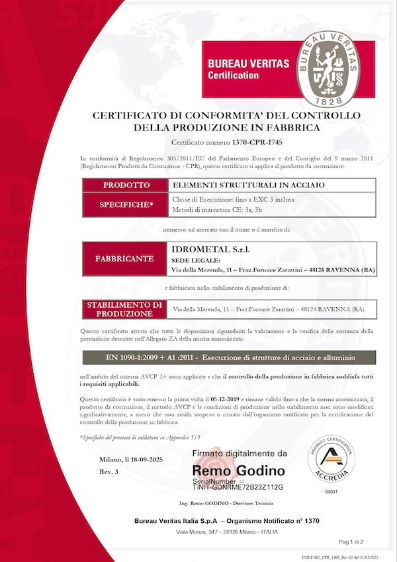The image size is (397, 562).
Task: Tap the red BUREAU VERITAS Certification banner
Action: tap(249, 69)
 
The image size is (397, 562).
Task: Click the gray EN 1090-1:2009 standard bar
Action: tap(228, 357)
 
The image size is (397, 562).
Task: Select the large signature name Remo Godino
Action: tap(239, 471)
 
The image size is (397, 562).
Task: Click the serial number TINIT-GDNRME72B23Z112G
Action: tap(238, 487)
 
